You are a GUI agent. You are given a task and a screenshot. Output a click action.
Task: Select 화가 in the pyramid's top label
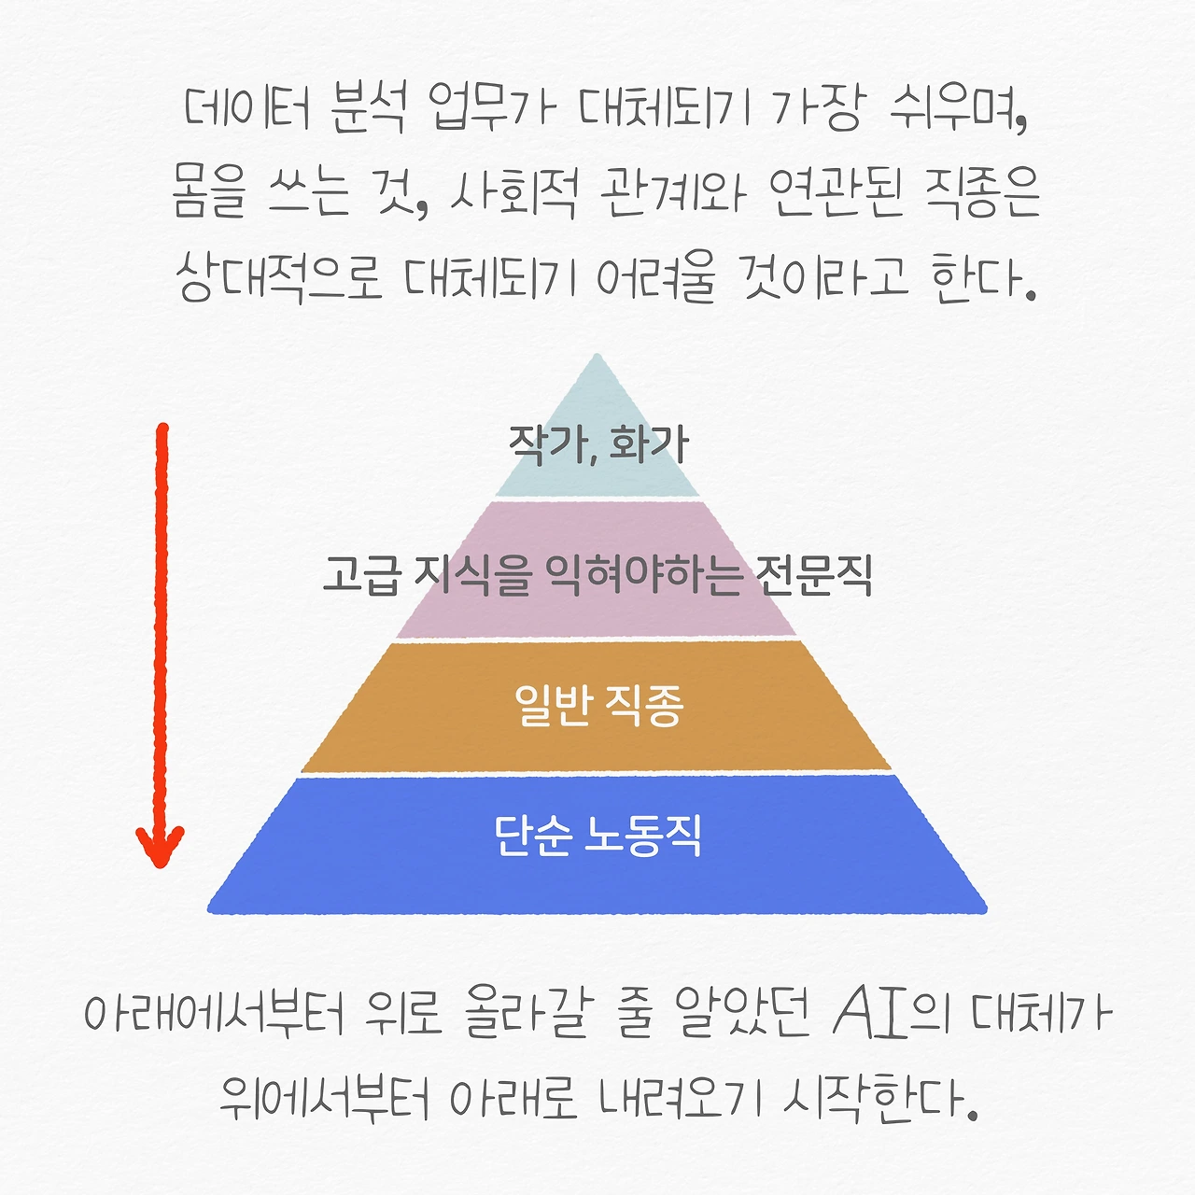[x=649, y=443]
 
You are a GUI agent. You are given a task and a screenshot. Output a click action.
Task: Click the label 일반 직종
[x=598, y=705]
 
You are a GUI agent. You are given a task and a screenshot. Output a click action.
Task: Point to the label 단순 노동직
[x=597, y=836]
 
